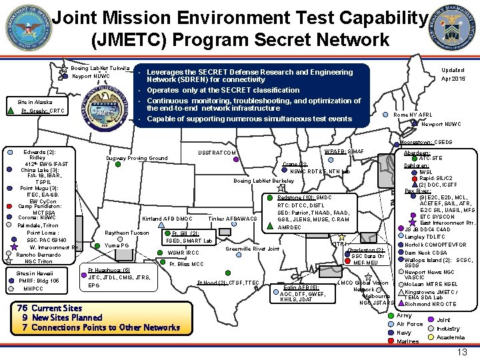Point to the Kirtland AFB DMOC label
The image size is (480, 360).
(x=167, y=219)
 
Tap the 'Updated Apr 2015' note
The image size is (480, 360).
(x=453, y=74)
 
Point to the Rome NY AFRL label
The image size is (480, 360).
(x=413, y=115)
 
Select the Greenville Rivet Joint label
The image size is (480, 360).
(x=253, y=249)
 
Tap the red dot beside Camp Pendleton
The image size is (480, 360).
(x=7, y=207)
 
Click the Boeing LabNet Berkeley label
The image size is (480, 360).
(x=263, y=181)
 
